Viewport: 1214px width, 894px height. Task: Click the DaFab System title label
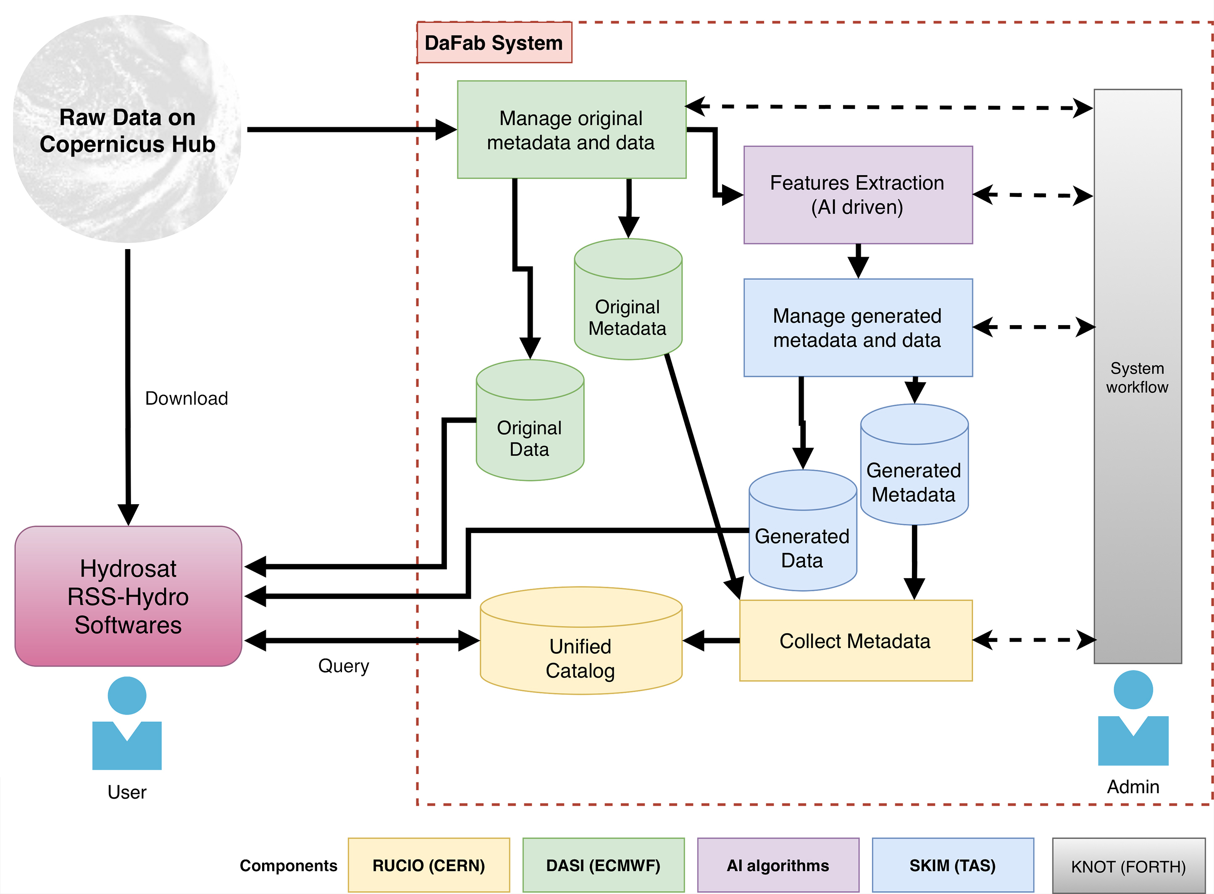tap(494, 43)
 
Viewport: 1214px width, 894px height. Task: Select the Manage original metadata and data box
tap(571, 130)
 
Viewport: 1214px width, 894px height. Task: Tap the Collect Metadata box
tap(855, 641)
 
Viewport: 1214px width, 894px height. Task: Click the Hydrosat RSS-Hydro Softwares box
tap(128, 597)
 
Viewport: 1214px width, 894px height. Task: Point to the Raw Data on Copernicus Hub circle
tap(127, 130)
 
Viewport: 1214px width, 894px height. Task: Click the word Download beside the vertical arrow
tap(186, 398)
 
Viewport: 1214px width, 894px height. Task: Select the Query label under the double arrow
tap(343, 665)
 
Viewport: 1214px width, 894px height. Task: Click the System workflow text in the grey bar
tap(1137, 377)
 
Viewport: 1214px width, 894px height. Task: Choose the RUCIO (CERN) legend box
tap(428, 865)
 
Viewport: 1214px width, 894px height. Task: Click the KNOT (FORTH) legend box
tap(1129, 866)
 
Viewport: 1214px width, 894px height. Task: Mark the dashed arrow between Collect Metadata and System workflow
tap(1034, 640)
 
